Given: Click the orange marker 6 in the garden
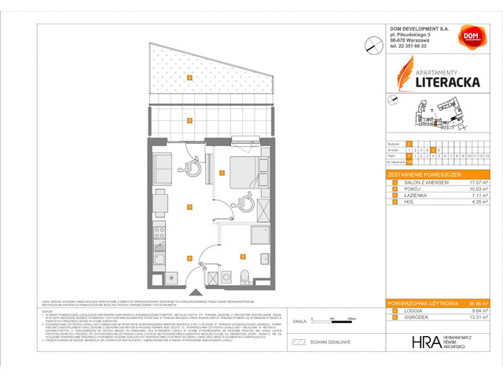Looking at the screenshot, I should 190,77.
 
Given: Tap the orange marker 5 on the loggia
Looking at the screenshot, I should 190,120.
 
